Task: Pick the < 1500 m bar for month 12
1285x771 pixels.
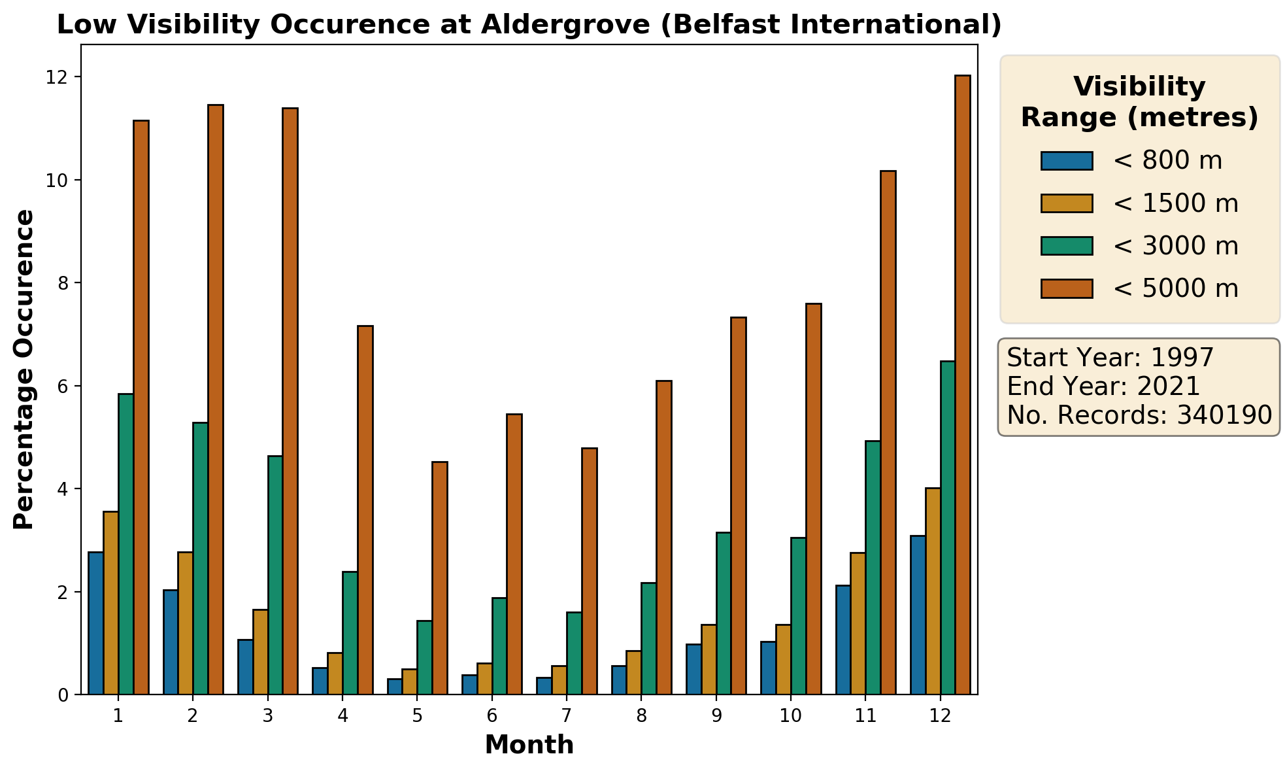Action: point(933,591)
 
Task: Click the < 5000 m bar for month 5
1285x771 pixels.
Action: point(440,578)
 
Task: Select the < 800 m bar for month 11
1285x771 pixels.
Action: point(843,640)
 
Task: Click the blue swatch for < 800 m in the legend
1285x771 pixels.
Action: point(1067,161)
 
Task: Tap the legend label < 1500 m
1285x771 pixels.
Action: point(1175,203)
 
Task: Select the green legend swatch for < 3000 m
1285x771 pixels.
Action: point(1067,246)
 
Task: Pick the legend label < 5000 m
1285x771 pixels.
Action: point(1175,288)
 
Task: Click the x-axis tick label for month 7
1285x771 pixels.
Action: point(567,715)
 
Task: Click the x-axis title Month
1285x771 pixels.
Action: point(529,745)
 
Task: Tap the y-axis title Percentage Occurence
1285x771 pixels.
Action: point(24,369)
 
